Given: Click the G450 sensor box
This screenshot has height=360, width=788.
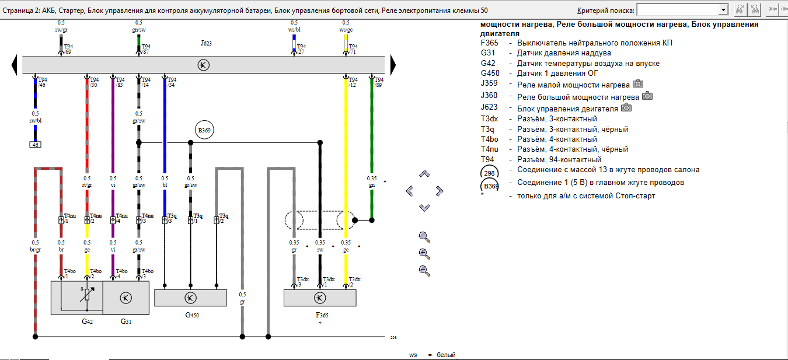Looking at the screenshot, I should point(190,298).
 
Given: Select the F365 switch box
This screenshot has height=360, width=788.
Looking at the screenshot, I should point(319,298).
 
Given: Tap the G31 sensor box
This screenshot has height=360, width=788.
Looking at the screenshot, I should point(126,298).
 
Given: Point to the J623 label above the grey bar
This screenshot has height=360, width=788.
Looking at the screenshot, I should point(205,43).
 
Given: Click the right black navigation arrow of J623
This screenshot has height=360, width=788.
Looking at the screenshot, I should point(393,64).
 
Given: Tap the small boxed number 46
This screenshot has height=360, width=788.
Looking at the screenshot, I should point(35,145).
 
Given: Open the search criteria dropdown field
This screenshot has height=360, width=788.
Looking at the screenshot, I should point(682,10).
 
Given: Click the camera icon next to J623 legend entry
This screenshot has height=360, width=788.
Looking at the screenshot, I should point(626,107).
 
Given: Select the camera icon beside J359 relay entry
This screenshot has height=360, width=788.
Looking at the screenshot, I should point(638,84).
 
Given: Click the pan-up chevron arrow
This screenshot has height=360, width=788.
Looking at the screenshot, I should point(424,174).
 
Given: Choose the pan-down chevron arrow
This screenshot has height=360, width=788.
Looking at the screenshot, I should point(424,208).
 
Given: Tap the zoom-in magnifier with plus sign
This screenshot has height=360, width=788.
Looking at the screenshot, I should point(424,253).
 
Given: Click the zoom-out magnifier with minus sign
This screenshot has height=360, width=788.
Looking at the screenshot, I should point(424,270).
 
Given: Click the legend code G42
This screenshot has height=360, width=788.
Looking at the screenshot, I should point(489,64).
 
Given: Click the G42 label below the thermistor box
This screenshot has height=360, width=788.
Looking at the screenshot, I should point(87,321).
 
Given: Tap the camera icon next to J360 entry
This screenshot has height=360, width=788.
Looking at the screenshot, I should point(647,96).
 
